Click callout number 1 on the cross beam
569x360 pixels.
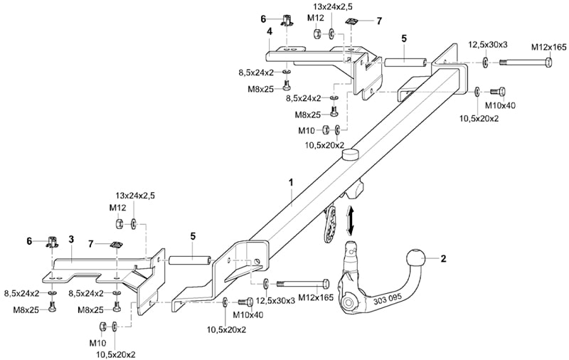point(291,183)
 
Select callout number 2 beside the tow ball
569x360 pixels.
point(443,259)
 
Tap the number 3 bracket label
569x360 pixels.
point(71,239)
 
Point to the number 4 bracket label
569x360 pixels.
point(269,31)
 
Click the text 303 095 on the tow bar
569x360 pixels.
point(388,298)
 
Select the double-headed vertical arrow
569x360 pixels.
point(350,220)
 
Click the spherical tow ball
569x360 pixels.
point(413,259)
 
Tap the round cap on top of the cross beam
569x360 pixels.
point(350,154)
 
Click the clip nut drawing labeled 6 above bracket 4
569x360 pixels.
point(287,21)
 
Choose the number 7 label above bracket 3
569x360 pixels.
point(91,244)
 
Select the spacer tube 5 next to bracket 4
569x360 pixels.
point(405,62)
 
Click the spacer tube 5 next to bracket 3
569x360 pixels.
point(190,261)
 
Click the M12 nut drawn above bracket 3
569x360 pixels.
point(119,223)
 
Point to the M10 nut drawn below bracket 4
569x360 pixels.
point(326,129)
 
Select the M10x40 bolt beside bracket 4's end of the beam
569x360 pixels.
point(498,91)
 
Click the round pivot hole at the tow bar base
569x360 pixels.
point(348,302)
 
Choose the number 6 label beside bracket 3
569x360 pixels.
point(29,241)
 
